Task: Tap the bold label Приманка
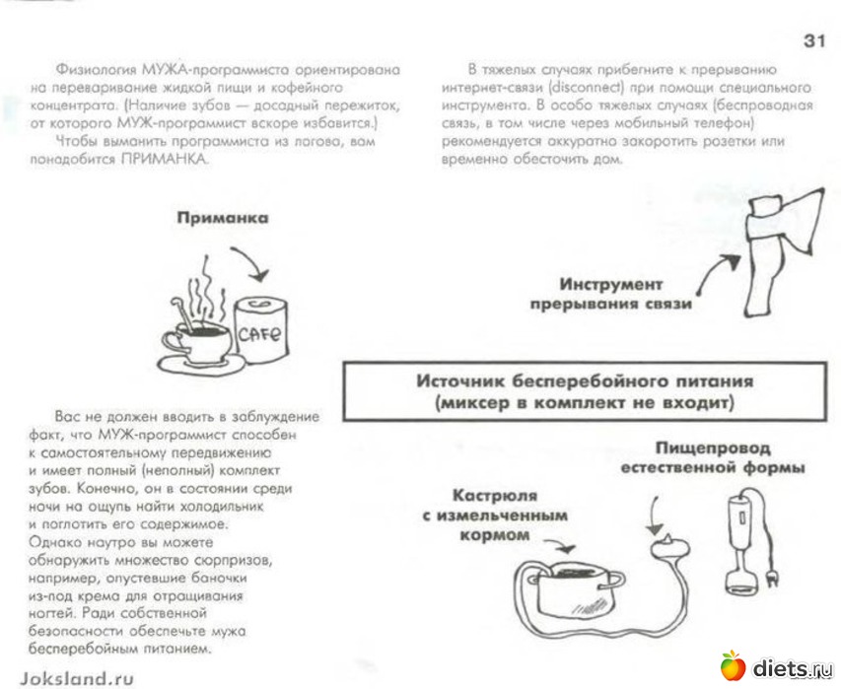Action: (x=223, y=219)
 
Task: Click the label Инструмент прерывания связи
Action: (x=611, y=294)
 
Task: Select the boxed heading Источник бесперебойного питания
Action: (x=584, y=391)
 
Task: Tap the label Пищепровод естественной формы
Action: (x=713, y=457)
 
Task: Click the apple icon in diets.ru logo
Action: (x=733, y=666)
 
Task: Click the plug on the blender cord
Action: (x=769, y=573)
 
